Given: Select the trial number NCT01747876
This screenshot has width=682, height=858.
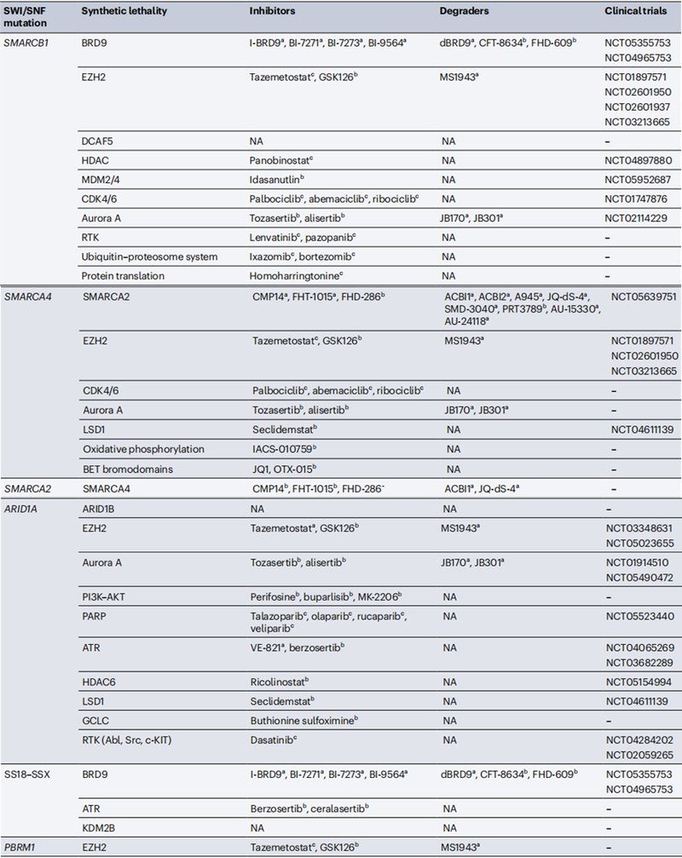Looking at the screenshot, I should click(638, 199).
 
